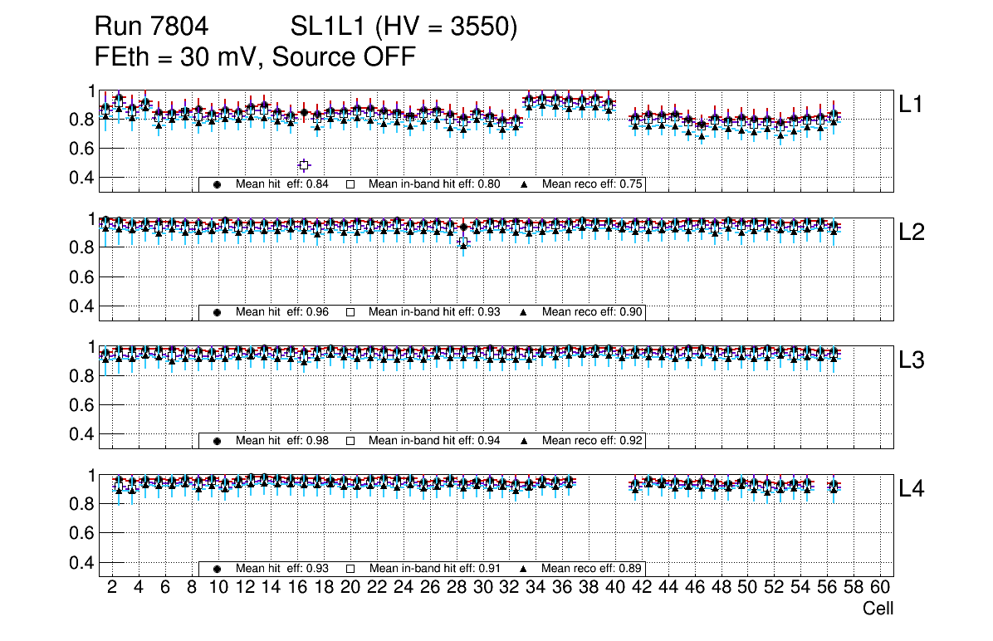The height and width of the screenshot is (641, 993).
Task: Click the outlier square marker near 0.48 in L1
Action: (304, 165)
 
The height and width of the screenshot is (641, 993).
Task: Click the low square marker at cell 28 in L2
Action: (463, 242)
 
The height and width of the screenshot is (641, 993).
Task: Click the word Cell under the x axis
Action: (878, 609)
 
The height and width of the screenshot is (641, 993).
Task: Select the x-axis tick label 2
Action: (112, 587)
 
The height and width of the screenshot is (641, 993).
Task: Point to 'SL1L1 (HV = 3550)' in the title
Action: (404, 27)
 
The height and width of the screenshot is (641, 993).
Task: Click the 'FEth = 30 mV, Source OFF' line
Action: (255, 56)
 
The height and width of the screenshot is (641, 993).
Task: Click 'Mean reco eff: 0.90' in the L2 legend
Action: (593, 312)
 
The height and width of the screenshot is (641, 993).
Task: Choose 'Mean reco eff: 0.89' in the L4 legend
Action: (593, 569)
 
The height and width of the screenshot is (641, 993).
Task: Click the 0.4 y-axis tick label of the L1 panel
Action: (85, 177)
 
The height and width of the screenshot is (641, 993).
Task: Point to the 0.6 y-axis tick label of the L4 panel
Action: (85, 533)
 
